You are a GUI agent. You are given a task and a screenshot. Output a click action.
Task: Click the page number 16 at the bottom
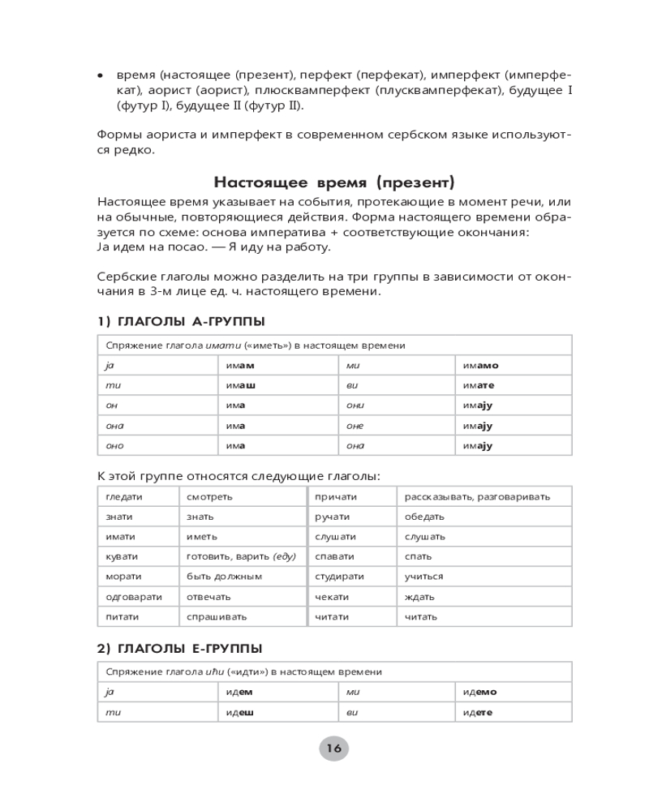click(x=333, y=749)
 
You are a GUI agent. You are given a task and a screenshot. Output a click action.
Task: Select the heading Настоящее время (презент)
click(x=333, y=181)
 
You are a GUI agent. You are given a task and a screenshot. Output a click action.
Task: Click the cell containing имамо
click(x=481, y=366)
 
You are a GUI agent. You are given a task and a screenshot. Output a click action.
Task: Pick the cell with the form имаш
click(x=241, y=385)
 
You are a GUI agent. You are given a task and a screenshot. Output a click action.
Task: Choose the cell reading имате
click(x=479, y=385)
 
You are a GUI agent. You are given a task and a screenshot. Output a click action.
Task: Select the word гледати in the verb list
click(x=124, y=496)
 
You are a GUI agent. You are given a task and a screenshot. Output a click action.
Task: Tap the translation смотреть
click(x=209, y=496)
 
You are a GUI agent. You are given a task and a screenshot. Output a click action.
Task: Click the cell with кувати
click(x=122, y=556)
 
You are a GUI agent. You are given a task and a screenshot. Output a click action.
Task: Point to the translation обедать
click(x=424, y=517)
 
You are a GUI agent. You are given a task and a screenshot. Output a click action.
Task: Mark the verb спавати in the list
click(x=334, y=556)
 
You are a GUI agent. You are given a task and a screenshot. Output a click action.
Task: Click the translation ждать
click(x=419, y=596)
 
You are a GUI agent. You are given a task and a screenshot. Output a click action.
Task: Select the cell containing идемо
click(x=480, y=692)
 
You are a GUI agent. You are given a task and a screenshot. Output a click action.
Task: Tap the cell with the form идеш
click(x=240, y=712)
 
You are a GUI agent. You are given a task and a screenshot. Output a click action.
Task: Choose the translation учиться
click(x=424, y=577)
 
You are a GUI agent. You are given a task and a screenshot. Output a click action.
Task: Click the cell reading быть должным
click(x=224, y=577)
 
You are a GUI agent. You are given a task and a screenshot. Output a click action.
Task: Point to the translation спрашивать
click(x=217, y=616)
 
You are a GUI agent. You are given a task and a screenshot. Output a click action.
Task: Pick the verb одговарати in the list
click(x=134, y=596)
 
